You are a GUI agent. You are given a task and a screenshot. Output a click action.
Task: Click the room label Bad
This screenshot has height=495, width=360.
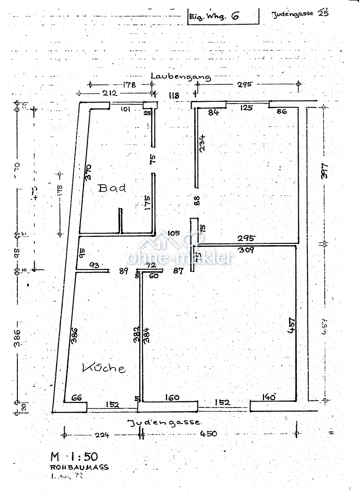click(x=112, y=188)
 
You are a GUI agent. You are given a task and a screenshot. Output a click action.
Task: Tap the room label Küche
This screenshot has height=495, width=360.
click(x=104, y=368)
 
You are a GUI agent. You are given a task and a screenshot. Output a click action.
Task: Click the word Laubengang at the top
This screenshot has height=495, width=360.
click(x=181, y=76)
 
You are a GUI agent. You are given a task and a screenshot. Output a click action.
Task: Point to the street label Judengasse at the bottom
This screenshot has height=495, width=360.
click(x=164, y=422)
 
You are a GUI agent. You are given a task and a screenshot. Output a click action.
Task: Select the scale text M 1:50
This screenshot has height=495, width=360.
click(x=74, y=456)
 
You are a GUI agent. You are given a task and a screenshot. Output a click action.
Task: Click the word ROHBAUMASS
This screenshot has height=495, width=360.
click(x=79, y=467)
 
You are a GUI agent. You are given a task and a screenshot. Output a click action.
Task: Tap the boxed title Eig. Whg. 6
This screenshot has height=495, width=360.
click(x=214, y=16)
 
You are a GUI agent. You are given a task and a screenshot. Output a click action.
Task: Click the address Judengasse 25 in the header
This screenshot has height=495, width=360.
click(x=300, y=13)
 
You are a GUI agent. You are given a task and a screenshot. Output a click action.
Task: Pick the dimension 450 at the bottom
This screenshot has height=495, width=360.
click(x=208, y=434)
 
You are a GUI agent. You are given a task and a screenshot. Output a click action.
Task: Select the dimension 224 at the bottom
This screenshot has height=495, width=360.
click(x=102, y=434)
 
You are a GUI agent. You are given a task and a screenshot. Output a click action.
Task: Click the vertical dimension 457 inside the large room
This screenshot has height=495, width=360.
click(x=291, y=325)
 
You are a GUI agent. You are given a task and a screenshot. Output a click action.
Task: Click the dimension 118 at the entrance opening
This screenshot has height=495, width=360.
click(x=174, y=96)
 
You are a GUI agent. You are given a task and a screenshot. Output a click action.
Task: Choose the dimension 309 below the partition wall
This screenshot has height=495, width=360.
click(x=245, y=250)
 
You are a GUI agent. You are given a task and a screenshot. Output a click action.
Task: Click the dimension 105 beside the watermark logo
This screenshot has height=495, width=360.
click(x=174, y=233)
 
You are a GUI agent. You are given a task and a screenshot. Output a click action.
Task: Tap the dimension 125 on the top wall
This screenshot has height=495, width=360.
click(x=246, y=108)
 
